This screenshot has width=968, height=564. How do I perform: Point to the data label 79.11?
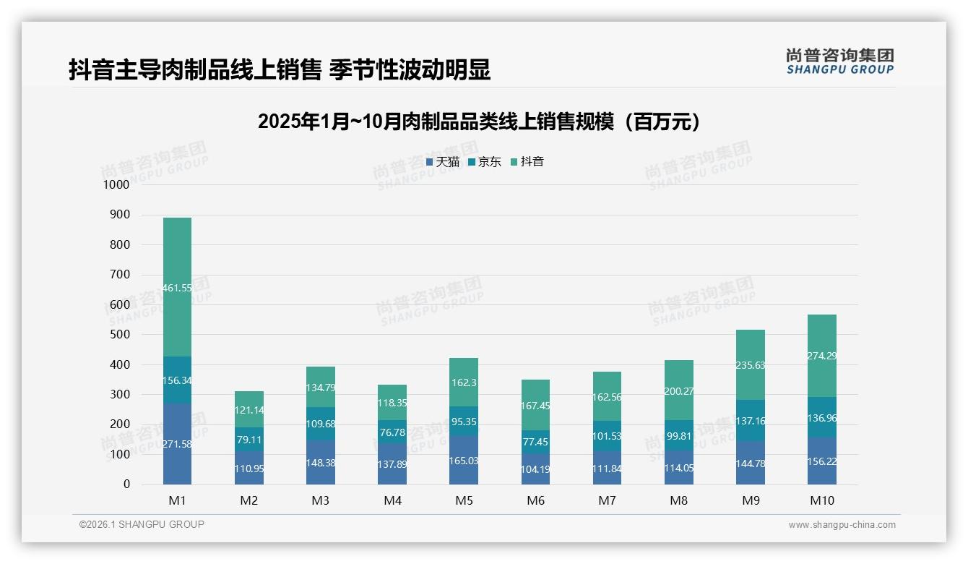point(249,439)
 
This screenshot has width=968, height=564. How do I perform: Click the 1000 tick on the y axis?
point(116,185)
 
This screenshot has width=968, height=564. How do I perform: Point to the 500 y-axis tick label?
point(119,335)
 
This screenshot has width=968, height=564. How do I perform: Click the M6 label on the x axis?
point(535,500)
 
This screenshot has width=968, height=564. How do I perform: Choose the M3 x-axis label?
point(320,500)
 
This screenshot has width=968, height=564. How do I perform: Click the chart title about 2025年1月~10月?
point(479,121)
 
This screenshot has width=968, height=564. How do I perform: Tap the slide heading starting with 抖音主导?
point(280,70)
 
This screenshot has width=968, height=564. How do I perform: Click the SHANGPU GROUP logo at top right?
point(839,61)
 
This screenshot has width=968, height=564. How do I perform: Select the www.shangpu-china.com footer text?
point(842,525)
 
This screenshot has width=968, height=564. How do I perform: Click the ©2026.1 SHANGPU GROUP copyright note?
point(142,524)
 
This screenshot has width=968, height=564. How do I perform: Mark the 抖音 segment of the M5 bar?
point(464,382)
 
